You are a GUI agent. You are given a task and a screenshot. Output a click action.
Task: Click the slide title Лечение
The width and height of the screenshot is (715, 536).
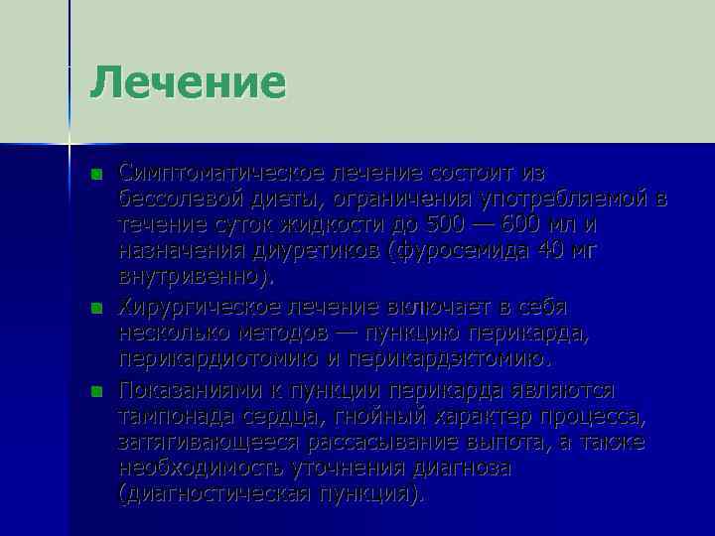[188, 82]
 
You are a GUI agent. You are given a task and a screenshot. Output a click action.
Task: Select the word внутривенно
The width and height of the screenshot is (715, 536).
[190, 276]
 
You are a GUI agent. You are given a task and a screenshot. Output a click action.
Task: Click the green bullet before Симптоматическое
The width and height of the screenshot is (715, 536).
[95, 174]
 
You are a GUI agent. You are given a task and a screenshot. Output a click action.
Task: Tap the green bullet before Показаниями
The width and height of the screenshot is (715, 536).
[95, 390]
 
